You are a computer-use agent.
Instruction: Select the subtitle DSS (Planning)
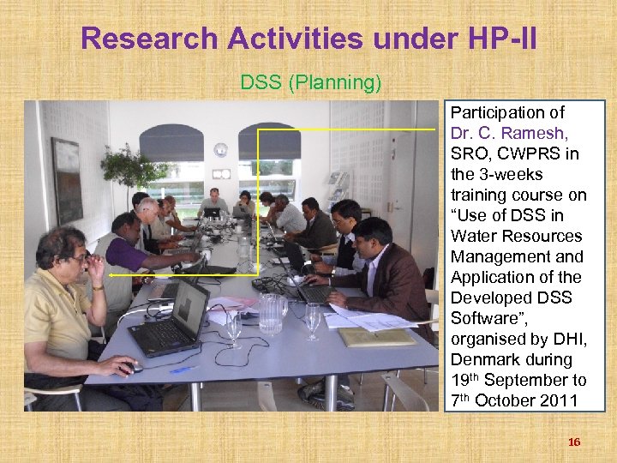310,83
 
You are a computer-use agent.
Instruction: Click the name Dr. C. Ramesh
509,133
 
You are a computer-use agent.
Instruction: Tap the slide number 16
574,442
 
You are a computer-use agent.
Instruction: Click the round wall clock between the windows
221,149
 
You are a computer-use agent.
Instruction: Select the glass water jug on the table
271,313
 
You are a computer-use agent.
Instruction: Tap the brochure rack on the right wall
339,184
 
